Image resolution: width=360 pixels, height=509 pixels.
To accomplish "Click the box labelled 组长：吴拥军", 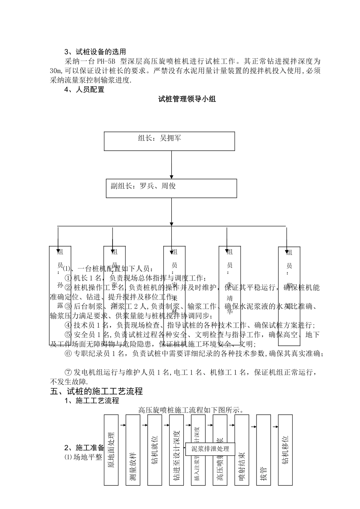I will [x=169, y=141].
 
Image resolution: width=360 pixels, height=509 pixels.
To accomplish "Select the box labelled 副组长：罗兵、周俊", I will [x=171, y=188].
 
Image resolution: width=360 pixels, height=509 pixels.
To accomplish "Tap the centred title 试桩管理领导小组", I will [x=187, y=100].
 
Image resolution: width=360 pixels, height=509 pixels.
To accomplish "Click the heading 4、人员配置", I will [x=84, y=90].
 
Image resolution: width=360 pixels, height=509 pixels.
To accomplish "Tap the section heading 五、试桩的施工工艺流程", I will [x=96, y=391].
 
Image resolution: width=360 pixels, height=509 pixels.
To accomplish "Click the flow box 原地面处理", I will [x=111, y=450].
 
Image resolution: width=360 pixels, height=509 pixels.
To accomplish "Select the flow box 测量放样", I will [x=133, y=450].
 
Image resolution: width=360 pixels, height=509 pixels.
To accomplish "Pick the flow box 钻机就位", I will [x=155, y=450].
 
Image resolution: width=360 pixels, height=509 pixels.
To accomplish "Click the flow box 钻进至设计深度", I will [x=176, y=450].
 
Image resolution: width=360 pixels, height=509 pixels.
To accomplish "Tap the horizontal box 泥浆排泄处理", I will [x=210, y=449].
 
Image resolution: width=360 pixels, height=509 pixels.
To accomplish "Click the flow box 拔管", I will [x=264, y=450].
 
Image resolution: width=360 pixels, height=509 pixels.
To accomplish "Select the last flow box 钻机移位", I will [x=285, y=450].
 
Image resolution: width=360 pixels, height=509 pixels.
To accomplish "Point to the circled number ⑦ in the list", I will [x=68, y=372].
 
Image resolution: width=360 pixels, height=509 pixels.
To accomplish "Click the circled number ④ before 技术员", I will [x=68, y=325].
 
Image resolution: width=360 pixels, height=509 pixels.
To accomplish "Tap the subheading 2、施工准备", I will [x=84, y=447].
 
